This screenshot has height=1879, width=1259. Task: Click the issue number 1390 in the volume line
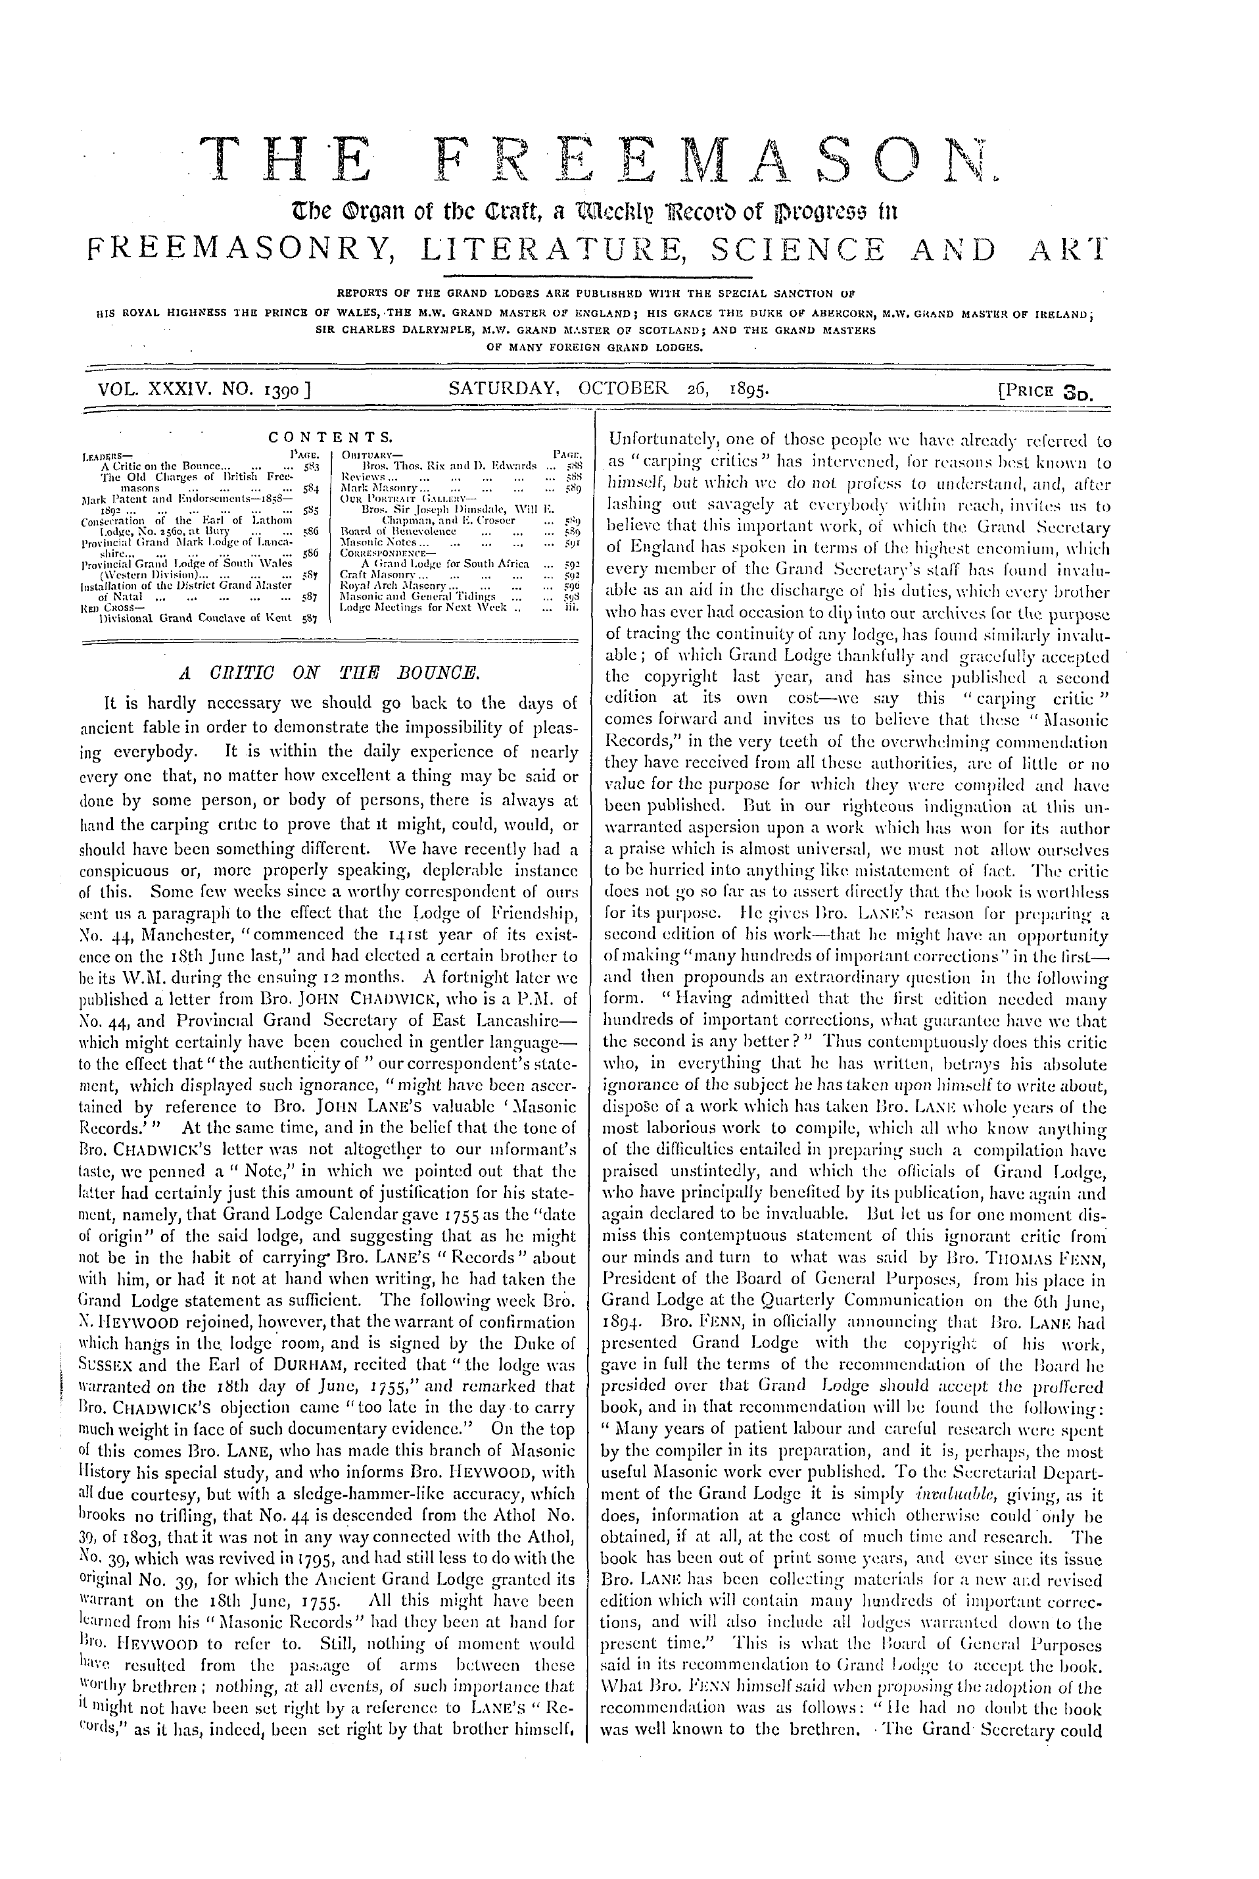[281, 389]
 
